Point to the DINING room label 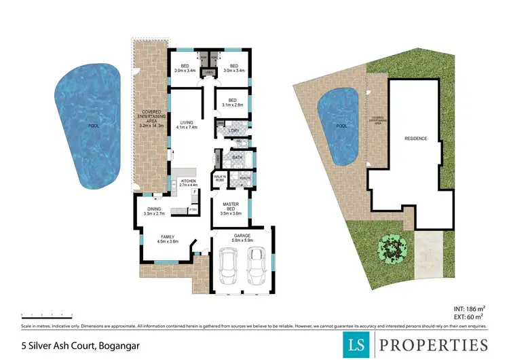153,211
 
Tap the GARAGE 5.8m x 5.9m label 242,239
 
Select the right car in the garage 256,267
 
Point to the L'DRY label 235,130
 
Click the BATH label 237,158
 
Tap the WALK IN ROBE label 220,179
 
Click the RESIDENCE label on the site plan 415,139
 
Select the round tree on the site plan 389,249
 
